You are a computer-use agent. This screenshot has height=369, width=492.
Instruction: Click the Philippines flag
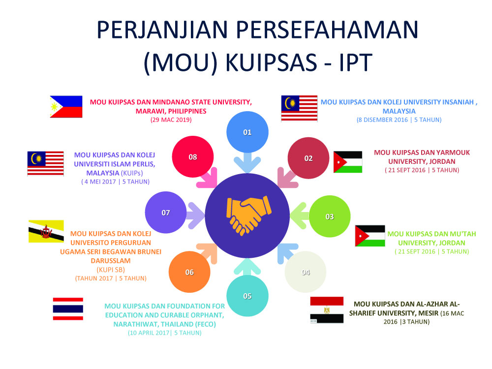click(x=66, y=107)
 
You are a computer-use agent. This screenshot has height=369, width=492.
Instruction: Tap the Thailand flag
click(x=68, y=309)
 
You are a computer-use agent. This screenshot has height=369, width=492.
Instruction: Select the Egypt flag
click(x=327, y=310)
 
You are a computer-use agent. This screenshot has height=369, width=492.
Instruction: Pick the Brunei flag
click(x=46, y=232)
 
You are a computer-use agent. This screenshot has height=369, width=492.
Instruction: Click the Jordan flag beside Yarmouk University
click(x=348, y=162)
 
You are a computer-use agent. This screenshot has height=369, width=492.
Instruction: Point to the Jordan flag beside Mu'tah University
click(x=370, y=236)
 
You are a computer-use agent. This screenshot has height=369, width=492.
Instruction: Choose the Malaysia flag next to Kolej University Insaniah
click(x=299, y=108)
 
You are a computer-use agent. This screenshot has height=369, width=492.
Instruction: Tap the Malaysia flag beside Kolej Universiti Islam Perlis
click(x=45, y=163)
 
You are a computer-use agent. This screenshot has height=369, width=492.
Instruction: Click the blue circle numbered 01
click(x=247, y=132)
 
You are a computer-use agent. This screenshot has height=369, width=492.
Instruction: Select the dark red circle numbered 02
click(x=308, y=158)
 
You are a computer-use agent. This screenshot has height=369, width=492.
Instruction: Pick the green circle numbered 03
click(x=330, y=216)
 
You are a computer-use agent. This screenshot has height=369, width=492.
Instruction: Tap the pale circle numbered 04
click(x=306, y=272)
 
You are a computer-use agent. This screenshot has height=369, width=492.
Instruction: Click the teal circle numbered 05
click(x=247, y=296)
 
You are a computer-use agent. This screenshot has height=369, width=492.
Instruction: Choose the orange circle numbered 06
click(x=189, y=272)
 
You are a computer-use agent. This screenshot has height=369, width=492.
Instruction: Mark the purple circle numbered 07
click(x=166, y=213)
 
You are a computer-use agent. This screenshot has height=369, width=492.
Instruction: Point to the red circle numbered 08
click(x=193, y=157)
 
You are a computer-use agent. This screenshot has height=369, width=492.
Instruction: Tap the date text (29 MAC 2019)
click(x=171, y=120)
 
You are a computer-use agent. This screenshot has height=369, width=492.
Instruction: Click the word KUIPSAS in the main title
click(x=272, y=62)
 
